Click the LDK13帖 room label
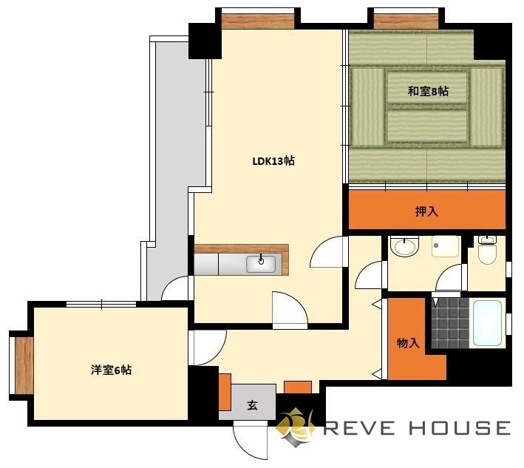coord(273,161)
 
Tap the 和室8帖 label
coord(428,91)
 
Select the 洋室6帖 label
coord(112,370)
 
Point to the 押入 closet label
coord(426,211)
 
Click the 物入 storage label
coord(408,343)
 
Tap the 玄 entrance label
coord(252,405)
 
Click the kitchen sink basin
coord(261,264)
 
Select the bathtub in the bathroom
coord(487,323)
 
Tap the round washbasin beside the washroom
coord(405,247)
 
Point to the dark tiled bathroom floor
coord(451,323)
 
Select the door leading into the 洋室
coord(208,347)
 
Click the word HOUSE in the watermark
coord(460,428)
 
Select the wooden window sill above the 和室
coord(406,21)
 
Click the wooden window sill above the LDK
coord(258,21)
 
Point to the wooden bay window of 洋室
coord(24,365)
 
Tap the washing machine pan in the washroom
coord(445,247)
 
